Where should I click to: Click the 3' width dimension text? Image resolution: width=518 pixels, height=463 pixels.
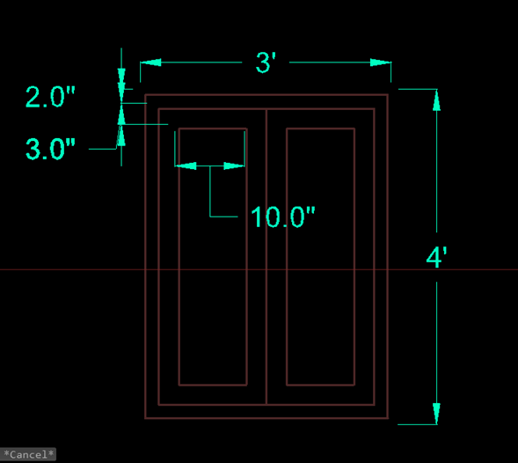pos(266,62)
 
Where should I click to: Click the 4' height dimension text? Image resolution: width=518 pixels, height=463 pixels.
pos(436,257)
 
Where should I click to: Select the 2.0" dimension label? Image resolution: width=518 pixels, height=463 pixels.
pos(50,97)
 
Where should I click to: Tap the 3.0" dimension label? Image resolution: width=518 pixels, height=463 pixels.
pos(50,149)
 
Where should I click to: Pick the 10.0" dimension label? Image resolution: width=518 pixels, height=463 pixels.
pos(283,217)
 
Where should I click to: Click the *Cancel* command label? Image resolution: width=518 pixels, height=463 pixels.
pos(28,454)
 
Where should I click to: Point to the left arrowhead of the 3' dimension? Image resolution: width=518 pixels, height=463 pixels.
pos(150,62)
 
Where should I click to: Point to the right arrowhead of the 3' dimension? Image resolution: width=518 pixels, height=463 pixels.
pos(381,62)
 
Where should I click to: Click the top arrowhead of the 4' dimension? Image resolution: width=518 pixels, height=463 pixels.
pos(436,99)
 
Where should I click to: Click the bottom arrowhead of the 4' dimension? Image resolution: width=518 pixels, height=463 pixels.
pos(436,414)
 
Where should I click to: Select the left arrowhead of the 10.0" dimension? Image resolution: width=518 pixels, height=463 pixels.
pos(186,165)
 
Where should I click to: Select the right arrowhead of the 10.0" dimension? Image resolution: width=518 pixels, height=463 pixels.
pos(234,165)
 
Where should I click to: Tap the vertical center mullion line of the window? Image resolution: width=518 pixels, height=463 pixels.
pos(266,257)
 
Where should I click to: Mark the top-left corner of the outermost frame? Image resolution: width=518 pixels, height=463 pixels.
pos(145,95)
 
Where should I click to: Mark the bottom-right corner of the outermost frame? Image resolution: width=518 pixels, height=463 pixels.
pos(388,418)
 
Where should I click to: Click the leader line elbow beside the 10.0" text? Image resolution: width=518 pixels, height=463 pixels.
pos(210,217)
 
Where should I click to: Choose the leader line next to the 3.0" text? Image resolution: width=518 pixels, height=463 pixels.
pos(103,149)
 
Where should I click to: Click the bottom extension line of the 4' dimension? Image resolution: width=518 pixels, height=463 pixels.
pos(418,424)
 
